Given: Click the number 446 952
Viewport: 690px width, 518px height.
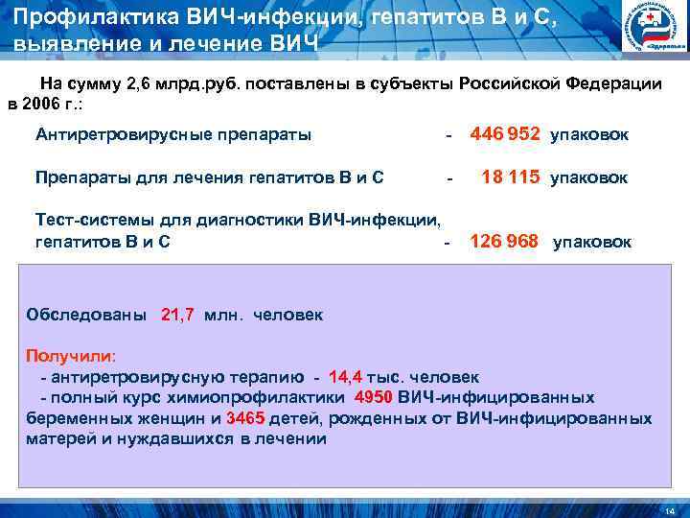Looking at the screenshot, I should point(505,134).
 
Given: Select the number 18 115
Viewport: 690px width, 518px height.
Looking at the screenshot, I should point(511,177).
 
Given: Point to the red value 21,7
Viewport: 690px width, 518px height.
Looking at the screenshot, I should point(177,314).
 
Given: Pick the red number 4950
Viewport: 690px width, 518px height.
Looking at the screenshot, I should point(373,397).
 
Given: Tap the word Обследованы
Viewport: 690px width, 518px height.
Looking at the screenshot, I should point(87,314).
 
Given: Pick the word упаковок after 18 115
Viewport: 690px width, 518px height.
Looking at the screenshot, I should point(588,178).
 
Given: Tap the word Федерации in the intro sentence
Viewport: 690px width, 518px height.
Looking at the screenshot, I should point(613,82).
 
